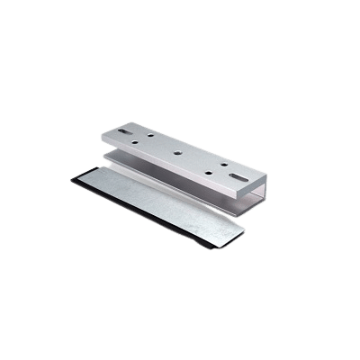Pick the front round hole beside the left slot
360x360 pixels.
coord(134,142)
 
